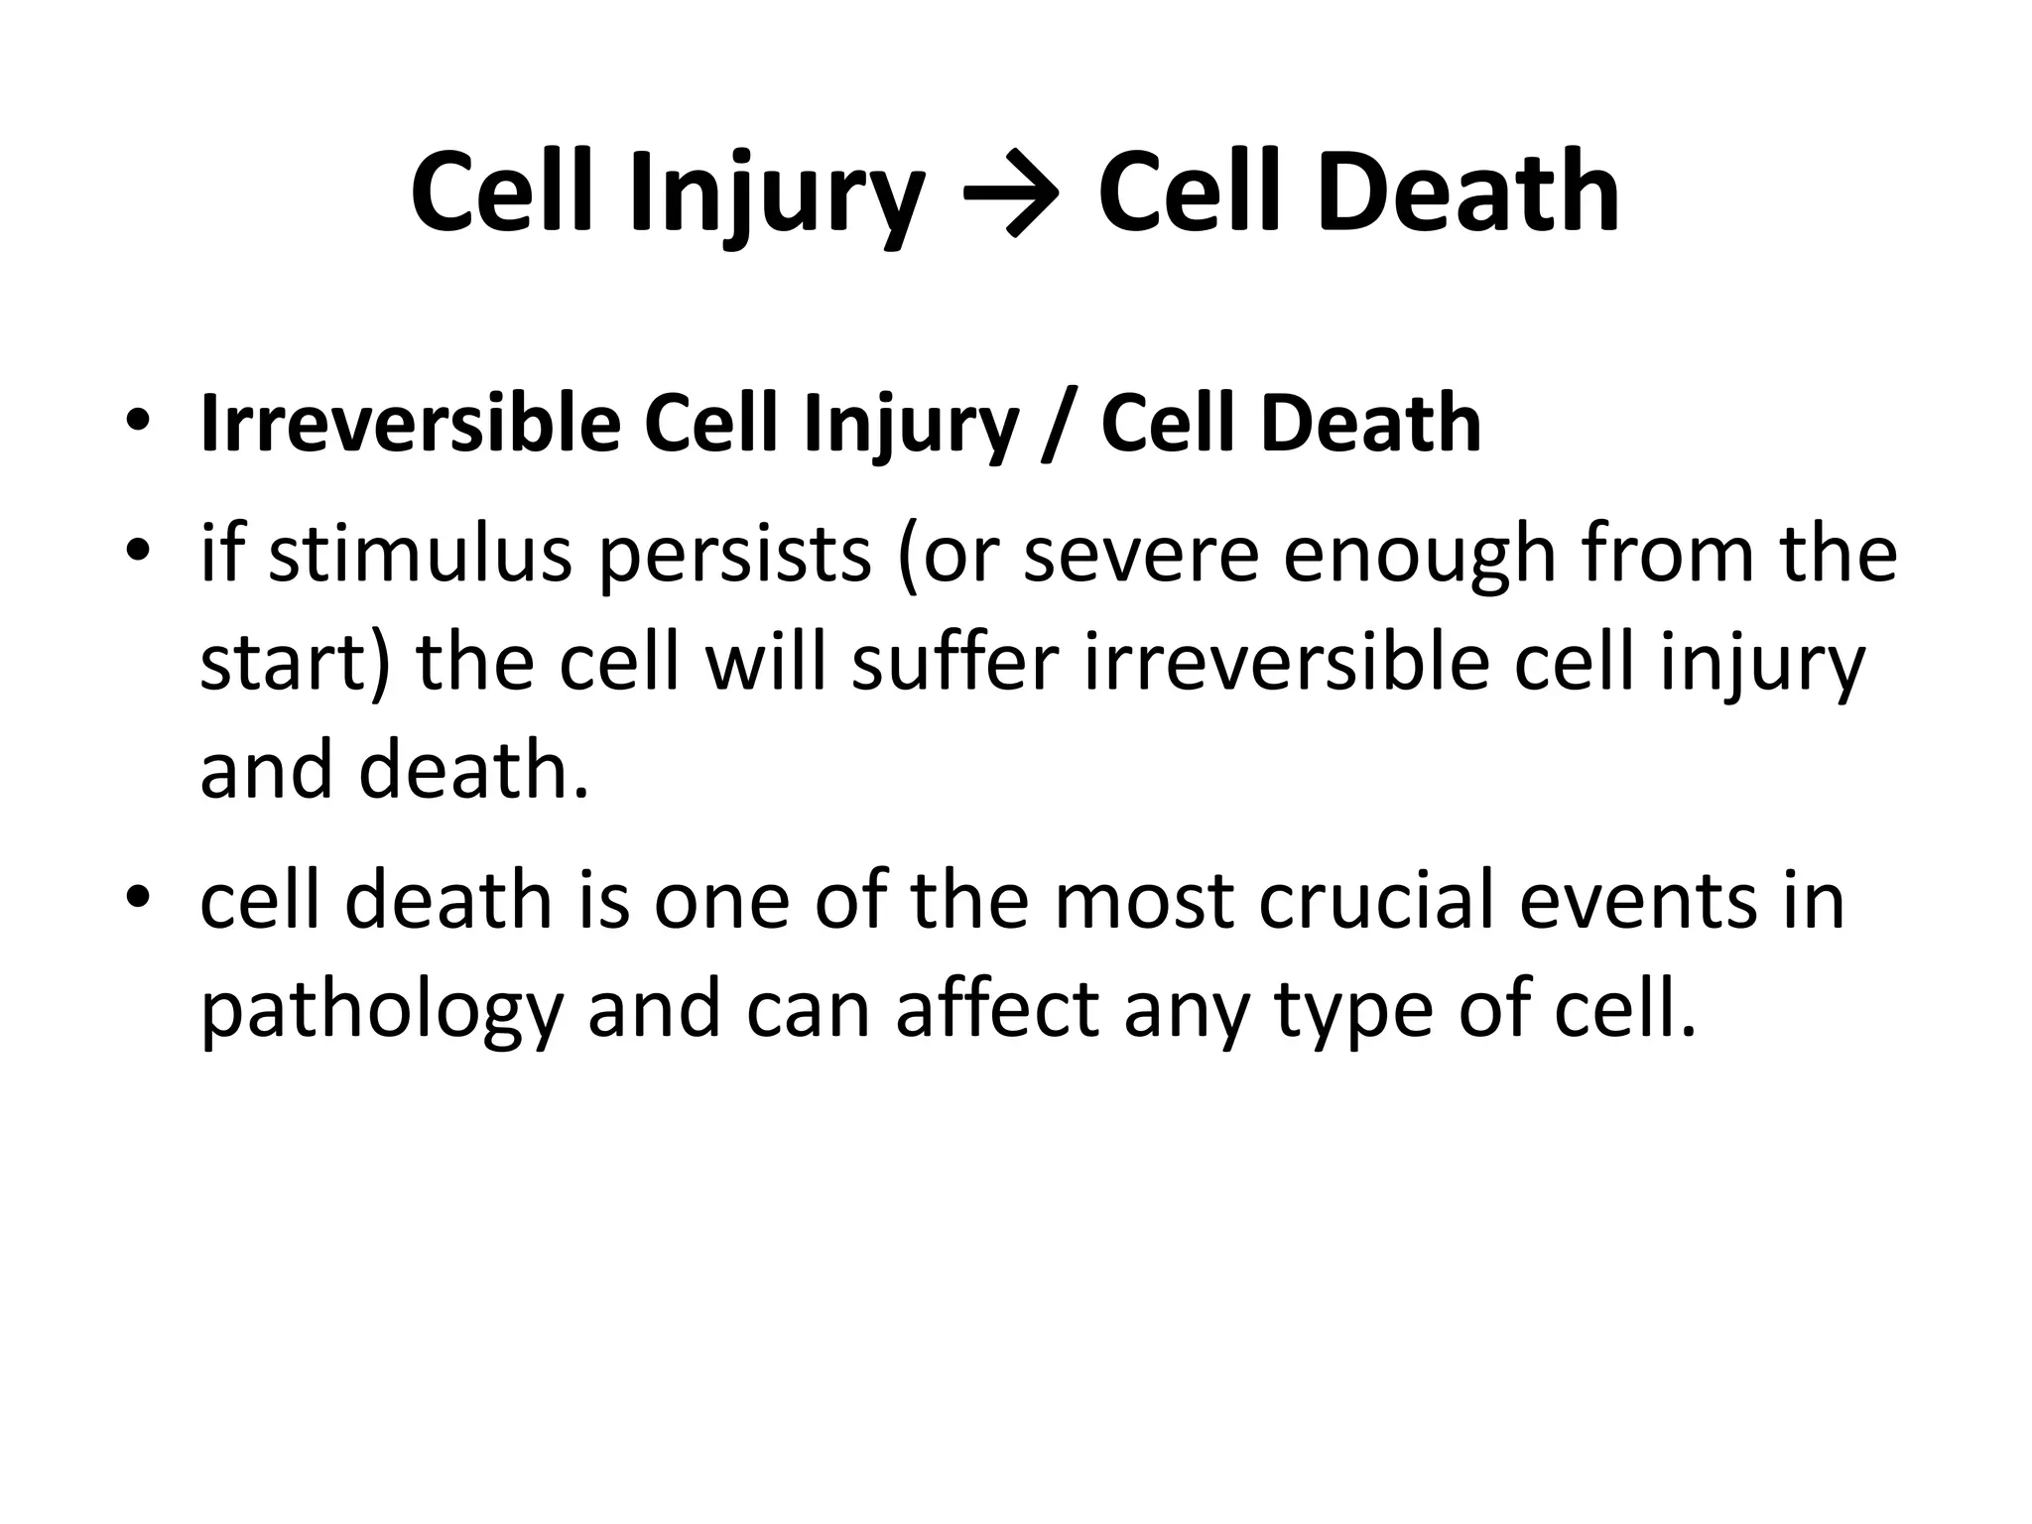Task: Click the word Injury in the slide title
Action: point(775,193)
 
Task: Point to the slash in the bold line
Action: point(1059,427)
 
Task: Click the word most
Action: point(1145,901)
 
